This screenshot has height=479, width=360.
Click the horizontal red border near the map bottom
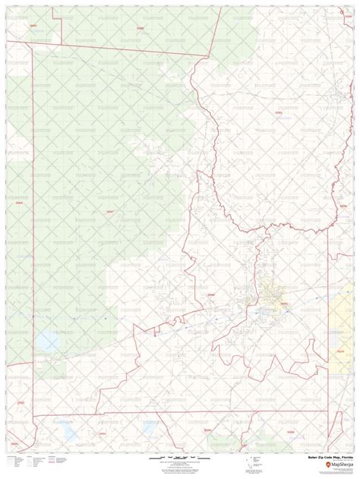[x=152, y=414]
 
